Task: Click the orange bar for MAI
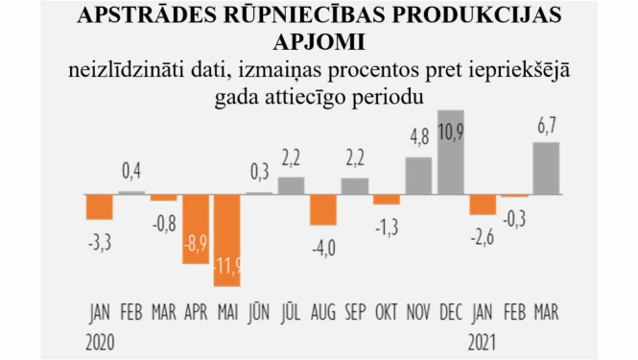[227, 240]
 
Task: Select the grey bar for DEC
[451, 152]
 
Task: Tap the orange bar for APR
[196, 228]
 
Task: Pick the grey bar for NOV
[418, 175]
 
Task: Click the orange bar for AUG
[323, 209]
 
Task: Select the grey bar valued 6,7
[547, 168]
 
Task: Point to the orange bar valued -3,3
[100, 206]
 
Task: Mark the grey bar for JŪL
[292, 185]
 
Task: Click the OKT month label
[387, 312]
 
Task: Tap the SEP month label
[355, 312]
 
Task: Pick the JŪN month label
[259, 312]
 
